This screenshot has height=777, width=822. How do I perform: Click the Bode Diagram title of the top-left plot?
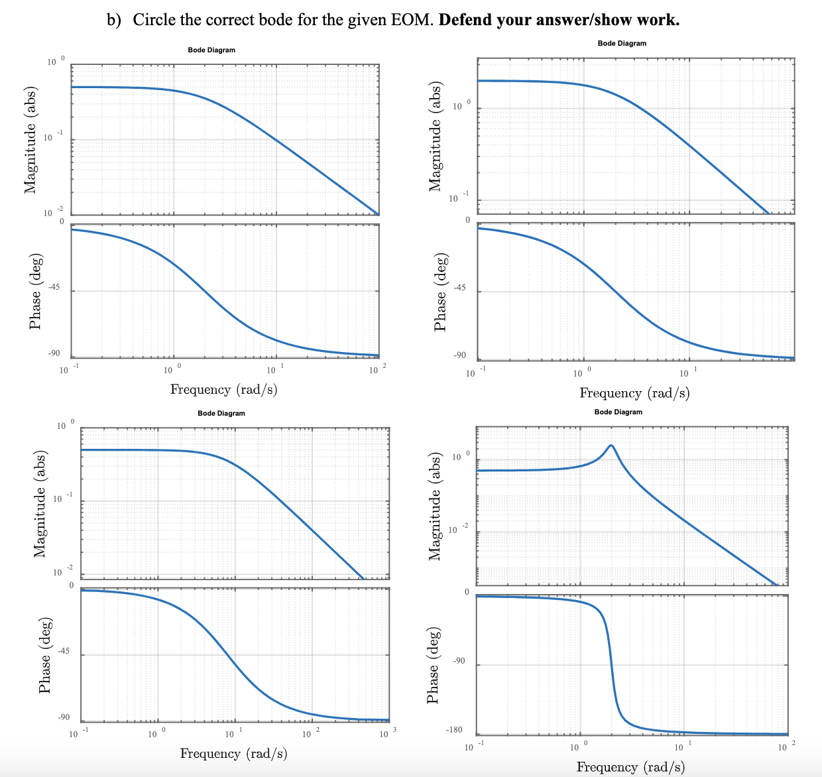click(211, 50)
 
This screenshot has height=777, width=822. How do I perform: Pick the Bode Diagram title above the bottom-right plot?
click(618, 412)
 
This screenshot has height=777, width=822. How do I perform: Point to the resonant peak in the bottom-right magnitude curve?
click(611, 446)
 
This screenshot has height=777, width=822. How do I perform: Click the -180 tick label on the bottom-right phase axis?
click(453, 730)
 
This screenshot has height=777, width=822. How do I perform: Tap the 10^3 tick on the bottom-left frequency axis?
click(385, 734)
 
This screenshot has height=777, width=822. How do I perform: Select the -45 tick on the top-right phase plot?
click(459, 288)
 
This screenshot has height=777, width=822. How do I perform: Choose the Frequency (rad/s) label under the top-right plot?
click(634, 393)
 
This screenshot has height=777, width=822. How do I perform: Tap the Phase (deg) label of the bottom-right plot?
click(433, 665)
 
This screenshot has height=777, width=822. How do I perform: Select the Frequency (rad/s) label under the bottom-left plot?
click(233, 753)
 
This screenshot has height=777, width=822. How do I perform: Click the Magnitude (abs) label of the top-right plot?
click(436, 136)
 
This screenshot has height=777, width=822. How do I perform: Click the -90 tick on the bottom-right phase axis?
click(459, 661)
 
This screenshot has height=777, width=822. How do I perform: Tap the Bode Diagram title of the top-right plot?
click(622, 43)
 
